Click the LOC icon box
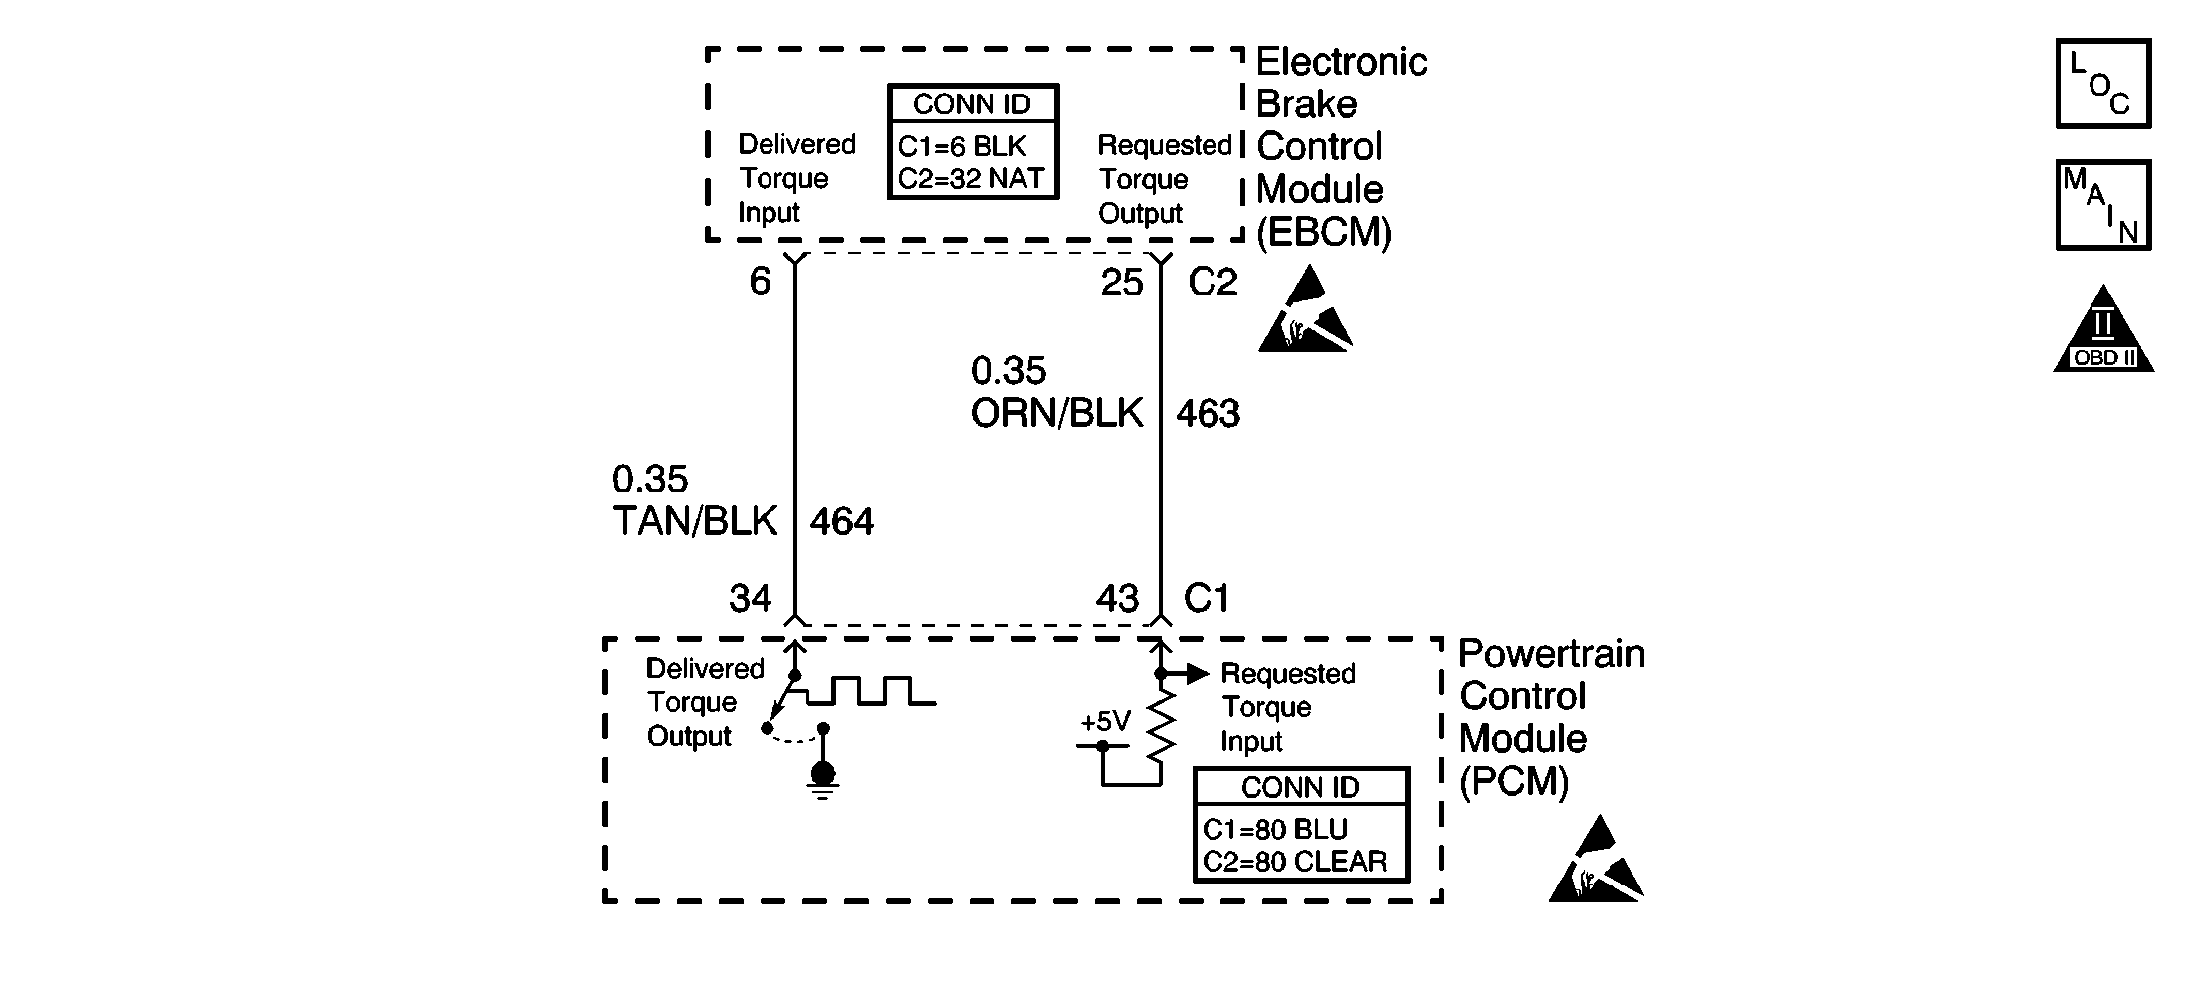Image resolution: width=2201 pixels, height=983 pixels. [x=2103, y=84]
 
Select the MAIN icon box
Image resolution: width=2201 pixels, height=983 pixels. [x=2103, y=205]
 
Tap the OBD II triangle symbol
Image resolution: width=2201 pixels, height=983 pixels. [x=2103, y=329]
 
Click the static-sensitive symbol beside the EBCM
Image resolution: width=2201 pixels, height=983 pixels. [x=1306, y=308]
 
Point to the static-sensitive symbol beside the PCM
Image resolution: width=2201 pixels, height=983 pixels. [x=1596, y=859]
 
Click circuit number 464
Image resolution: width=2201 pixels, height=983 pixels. [x=842, y=522]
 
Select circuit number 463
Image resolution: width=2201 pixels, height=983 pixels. [x=1209, y=413]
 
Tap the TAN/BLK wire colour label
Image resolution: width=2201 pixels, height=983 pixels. [x=695, y=522]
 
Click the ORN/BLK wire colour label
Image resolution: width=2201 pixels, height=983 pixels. [x=1056, y=413]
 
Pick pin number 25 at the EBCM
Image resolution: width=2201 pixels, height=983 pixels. [x=1122, y=284]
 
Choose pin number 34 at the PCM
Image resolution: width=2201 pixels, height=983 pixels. [x=750, y=598]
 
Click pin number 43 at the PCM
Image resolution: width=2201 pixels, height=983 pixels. [x=1117, y=598]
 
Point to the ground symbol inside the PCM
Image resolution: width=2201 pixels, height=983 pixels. [x=823, y=781]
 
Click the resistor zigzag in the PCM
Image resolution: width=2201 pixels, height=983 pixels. [x=1161, y=726]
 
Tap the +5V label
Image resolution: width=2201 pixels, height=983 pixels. [x=1106, y=721]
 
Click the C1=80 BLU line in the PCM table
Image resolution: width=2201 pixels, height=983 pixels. [x=1275, y=829]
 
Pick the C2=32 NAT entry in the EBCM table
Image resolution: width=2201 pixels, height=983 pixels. [x=971, y=178]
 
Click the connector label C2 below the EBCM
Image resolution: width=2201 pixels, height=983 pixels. [x=1212, y=284]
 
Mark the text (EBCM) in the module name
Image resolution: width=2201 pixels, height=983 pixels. [x=1324, y=232]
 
